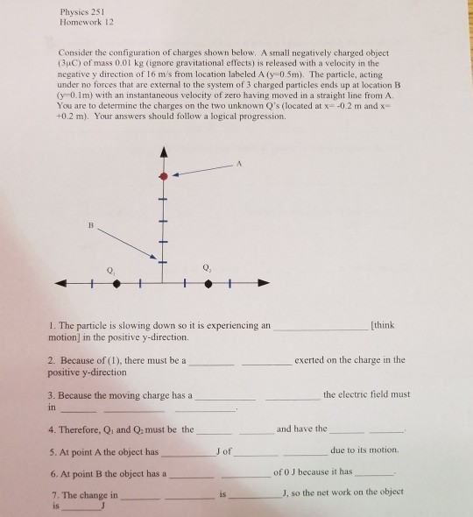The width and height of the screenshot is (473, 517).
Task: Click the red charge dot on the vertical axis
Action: tap(163, 176)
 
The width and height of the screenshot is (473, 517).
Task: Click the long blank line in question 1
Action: tap(321, 326)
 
